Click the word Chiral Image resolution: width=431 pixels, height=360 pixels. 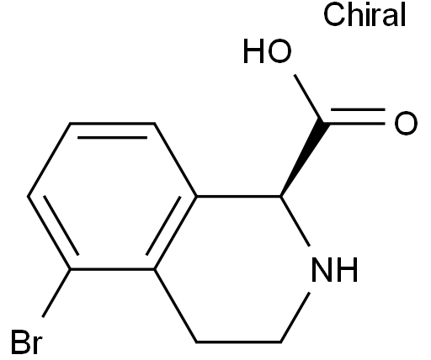tap(364, 15)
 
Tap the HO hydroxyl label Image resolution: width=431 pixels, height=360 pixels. tap(267, 52)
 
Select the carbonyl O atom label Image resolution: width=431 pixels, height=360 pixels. tap(406, 123)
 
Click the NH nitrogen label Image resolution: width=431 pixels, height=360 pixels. tap(334, 269)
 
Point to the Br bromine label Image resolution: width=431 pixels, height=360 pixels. tap(27, 342)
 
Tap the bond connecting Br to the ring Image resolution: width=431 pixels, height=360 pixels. tap(56, 294)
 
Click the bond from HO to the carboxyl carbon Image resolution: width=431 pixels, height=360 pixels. tap(309, 98)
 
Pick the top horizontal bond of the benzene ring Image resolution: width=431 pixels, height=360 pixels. tap(112, 123)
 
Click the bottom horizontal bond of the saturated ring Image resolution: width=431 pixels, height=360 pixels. tap(238, 342)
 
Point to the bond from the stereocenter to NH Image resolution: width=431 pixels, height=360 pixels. tap(295, 221)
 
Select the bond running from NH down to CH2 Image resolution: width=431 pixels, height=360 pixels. tap(295, 317)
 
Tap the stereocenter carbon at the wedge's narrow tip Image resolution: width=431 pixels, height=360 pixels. tap(280, 196)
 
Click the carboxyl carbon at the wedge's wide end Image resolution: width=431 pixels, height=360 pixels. tap(323, 123)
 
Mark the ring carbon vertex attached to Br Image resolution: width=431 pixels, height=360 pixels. tap(70, 269)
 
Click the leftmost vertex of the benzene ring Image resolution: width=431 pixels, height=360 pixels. tap(28, 196)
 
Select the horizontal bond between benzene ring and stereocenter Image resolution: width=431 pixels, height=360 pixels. tap(238, 196)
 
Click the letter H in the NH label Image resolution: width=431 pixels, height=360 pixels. tap(348, 269)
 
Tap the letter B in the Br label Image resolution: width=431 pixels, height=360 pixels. tap(20, 342)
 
